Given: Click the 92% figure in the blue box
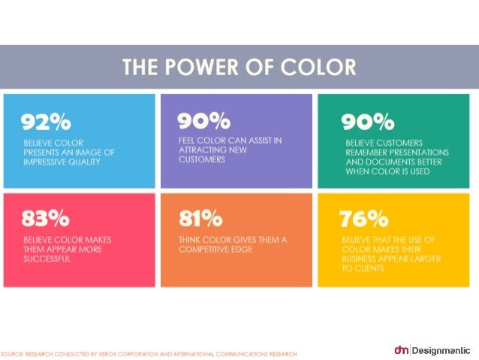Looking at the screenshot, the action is [x=46, y=122].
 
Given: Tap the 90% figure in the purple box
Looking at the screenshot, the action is [x=204, y=120].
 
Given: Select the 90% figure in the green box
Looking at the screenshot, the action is [x=368, y=122].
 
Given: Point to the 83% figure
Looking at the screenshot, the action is [x=46, y=219].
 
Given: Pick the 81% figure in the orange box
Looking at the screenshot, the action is [x=200, y=219].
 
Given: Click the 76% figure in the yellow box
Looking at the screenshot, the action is [x=364, y=219].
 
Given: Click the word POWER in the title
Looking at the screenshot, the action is [x=202, y=67].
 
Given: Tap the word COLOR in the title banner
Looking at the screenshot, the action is [x=318, y=67].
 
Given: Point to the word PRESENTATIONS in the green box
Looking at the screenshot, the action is [x=419, y=153].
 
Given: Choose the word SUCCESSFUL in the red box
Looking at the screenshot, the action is [x=47, y=259].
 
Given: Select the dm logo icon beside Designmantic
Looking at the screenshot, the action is [x=402, y=350].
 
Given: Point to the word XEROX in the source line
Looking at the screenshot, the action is [x=108, y=354].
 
